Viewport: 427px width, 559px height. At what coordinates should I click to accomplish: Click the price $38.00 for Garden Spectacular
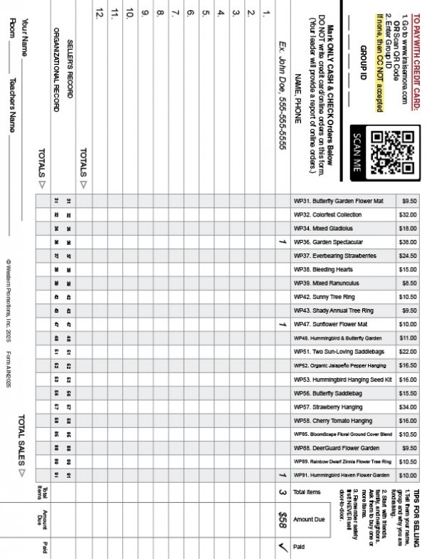408,242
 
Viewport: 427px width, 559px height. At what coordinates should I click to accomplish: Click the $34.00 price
408,406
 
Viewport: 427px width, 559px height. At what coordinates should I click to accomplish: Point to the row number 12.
99,12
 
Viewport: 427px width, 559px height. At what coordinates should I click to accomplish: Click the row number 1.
265,12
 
